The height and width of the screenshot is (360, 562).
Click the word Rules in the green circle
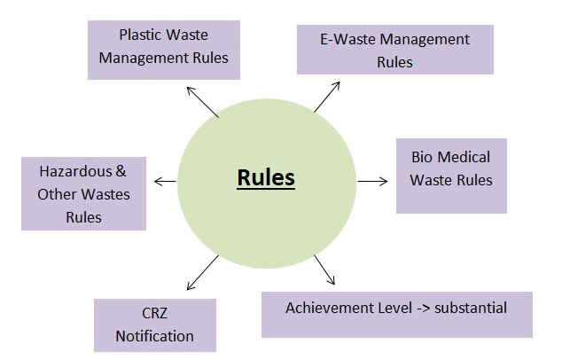pos(266,178)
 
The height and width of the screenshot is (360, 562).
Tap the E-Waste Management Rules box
pos(394,51)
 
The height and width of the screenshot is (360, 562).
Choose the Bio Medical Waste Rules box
pos(451,175)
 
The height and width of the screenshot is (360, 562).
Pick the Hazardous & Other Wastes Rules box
pos(83,192)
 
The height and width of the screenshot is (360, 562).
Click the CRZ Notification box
pos(154,325)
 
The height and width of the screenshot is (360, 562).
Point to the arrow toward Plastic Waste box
pos(202,103)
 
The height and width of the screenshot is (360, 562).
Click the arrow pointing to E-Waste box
pos(327,97)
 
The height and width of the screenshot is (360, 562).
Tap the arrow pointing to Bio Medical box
pos(372,181)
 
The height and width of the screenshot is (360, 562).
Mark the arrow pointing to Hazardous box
pos(165,181)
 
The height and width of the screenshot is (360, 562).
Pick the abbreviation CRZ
pos(154,314)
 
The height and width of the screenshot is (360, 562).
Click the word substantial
pos(470,308)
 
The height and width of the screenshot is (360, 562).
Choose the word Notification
pos(154,336)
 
